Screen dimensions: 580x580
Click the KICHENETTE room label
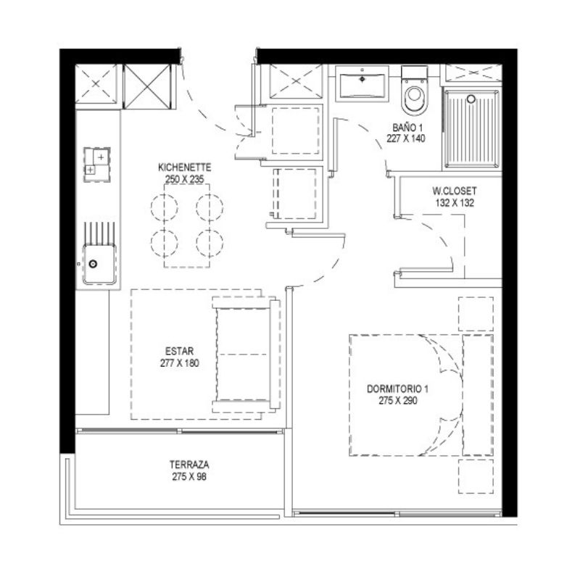185,167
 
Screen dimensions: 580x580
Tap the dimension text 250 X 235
185,179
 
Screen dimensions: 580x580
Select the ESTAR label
179,351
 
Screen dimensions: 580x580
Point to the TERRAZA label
189,465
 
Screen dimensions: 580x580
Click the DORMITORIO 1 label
397,389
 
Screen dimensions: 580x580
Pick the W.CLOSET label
455,191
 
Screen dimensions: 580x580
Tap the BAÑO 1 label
407,128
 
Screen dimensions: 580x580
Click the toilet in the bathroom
414,91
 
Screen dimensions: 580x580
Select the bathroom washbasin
362,84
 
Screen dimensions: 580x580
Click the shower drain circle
471,99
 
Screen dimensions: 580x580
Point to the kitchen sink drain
93,264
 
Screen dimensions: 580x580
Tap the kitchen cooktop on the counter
97,165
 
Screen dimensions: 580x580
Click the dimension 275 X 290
397,401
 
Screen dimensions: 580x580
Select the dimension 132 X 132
455,203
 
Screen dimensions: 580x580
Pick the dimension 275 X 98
189,477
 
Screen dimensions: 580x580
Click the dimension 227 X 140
406,138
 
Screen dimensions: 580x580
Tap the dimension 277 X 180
179,363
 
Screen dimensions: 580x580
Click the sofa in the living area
246,355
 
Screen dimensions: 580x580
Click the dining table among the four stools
187,225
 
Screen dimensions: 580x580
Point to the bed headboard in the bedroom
478,395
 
